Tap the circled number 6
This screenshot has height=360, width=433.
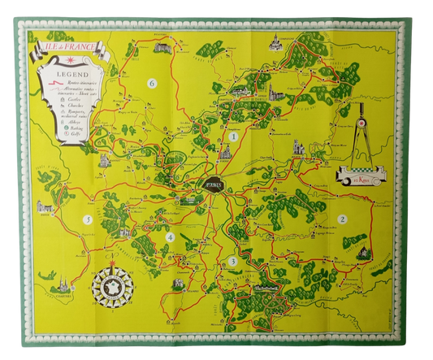(x=152, y=83)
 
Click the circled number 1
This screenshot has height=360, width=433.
(x=233, y=137)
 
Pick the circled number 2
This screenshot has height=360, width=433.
(x=342, y=219)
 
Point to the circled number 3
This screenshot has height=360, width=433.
(x=232, y=261)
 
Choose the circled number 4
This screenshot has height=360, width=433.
(x=170, y=237)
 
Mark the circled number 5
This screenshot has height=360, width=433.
(x=84, y=220)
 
